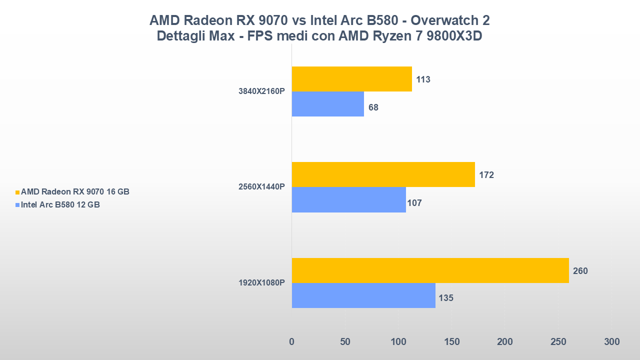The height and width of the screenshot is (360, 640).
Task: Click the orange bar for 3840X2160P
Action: [351, 79]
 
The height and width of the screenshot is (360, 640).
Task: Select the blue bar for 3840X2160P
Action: [327, 104]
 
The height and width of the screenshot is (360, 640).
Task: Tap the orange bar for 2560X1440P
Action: [383, 174]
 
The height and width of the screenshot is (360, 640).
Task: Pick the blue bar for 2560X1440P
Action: [348, 200]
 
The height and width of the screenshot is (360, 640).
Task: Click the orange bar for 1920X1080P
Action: [430, 270]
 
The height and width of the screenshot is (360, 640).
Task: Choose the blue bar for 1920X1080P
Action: [363, 295]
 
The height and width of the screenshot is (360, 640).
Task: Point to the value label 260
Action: [580, 271]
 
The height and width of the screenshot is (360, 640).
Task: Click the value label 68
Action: [373, 107]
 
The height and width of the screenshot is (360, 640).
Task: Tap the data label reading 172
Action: [486, 175]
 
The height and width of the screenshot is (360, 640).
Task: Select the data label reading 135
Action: [446, 298]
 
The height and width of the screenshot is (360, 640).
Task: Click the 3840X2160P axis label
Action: [261, 91]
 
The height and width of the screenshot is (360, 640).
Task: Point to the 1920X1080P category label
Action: [261, 283]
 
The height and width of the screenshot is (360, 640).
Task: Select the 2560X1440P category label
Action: [261, 187]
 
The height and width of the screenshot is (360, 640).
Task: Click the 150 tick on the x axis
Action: [451, 342]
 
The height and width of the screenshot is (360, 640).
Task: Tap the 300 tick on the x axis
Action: [611, 342]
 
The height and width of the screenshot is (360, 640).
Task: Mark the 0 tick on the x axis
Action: [292, 342]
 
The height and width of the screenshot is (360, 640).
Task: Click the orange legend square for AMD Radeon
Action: [17, 192]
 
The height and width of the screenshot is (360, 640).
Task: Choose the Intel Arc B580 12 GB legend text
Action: [60, 204]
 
